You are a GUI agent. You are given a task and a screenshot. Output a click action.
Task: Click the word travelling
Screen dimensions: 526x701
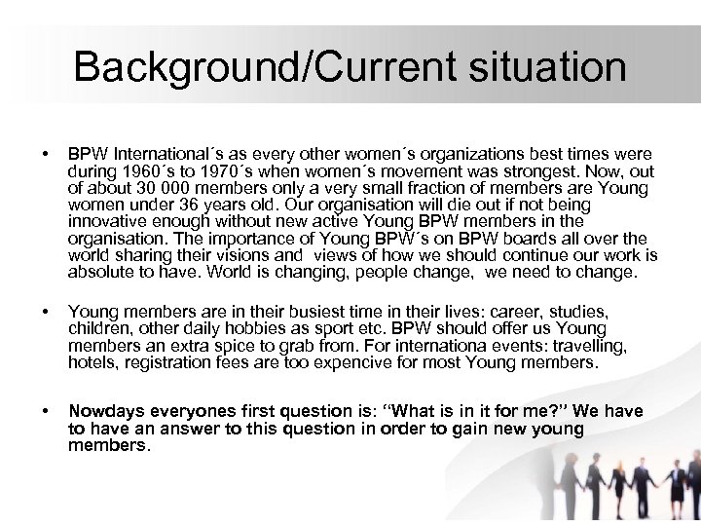[x=590, y=346]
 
